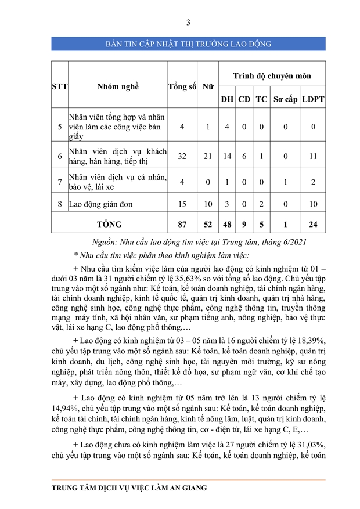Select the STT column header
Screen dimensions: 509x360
pyautogui.click(x=60, y=86)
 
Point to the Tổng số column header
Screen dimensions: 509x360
pyautogui.click(x=182, y=86)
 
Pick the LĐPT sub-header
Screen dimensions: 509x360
pyautogui.click(x=313, y=99)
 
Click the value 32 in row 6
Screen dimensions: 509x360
pyautogui.click(x=182, y=156)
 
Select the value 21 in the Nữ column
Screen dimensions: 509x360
pyautogui.click(x=207, y=156)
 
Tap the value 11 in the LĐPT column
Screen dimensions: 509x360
pyautogui.click(x=313, y=156)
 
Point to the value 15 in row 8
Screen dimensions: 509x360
pyautogui.click(x=182, y=204)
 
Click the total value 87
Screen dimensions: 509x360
pyautogui.click(x=182, y=223)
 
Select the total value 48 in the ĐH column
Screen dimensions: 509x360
pyautogui.click(x=226, y=223)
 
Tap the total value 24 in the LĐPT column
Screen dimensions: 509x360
pyautogui.click(x=313, y=223)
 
